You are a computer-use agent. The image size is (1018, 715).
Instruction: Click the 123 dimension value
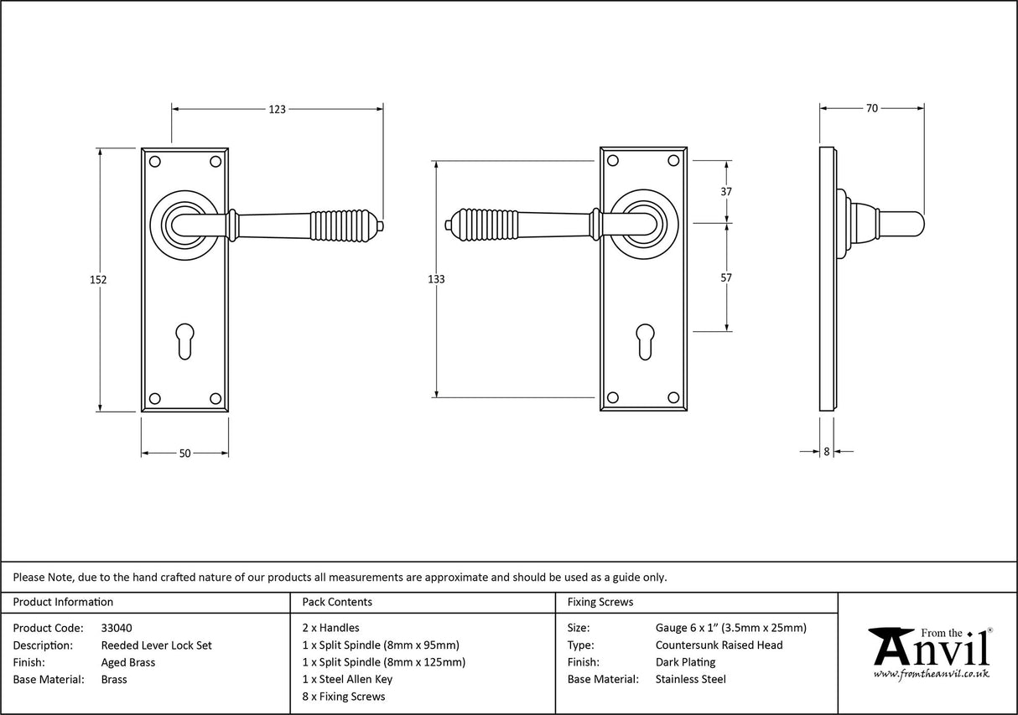click(278, 109)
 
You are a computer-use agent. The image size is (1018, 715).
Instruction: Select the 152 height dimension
click(98, 280)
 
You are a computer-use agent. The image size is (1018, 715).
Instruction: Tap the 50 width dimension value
click(184, 453)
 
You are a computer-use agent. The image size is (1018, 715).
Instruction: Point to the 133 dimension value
click(436, 279)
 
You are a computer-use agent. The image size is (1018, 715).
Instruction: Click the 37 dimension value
click(726, 191)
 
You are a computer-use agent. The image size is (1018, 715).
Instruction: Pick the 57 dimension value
click(726, 277)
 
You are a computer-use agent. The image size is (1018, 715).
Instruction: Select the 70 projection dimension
click(871, 108)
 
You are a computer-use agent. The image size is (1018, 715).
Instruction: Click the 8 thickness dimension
click(826, 451)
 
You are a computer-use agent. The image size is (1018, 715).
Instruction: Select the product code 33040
click(116, 628)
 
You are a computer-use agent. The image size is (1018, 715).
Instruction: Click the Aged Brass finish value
click(127, 662)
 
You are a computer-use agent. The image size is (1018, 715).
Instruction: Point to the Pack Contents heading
click(337, 602)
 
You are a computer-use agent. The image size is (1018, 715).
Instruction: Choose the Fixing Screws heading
click(600, 602)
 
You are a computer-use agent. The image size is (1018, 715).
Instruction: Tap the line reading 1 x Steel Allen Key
click(347, 679)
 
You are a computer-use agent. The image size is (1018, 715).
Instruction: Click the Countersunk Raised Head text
click(719, 645)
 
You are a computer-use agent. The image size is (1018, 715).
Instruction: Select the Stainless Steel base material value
click(691, 679)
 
